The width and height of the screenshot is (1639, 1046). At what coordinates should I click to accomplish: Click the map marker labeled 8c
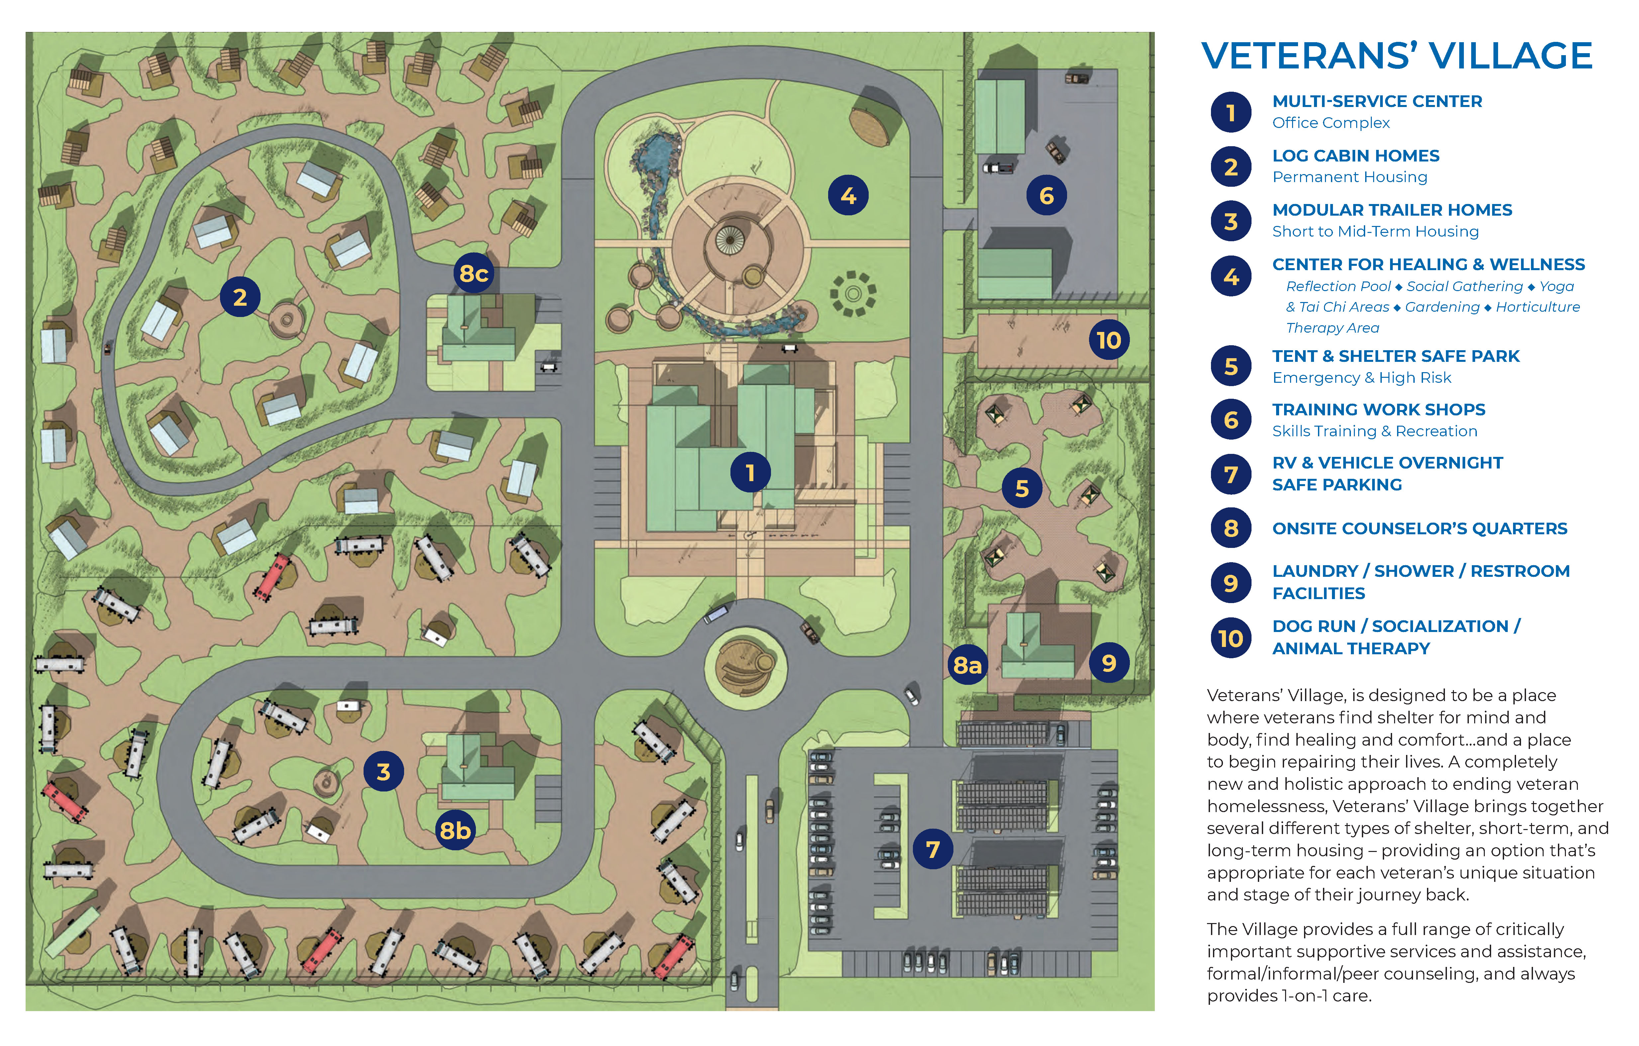pyautogui.click(x=473, y=273)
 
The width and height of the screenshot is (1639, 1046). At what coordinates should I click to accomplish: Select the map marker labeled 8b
pyautogui.click(x=455, y=830)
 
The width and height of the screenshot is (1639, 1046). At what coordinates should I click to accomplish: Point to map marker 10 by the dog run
pyautogui.click(x=1108, y=340)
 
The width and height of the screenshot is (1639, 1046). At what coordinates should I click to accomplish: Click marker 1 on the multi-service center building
pyautogui.click(x=750, y=472)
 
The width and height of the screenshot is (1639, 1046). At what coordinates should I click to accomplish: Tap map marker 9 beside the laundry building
pyautogui.click(x=1109, y=662)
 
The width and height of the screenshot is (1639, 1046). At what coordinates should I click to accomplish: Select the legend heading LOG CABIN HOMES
pyautogui.click(x=1355, y=156)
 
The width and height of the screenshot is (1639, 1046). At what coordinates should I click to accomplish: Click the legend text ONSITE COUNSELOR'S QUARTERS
pyautogui.click(x=1419, y=529)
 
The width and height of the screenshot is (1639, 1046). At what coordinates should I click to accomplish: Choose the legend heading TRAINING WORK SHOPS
pyautogui.click(x=1378, y=410)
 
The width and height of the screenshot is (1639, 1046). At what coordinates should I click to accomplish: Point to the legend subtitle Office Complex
pyautogui.click(x=1331, y=123)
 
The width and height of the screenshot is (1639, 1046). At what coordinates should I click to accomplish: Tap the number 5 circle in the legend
pyautogui.click(x=1231, y=366)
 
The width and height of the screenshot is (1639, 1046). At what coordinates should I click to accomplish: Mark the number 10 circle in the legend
pyautogui.click(x=1231, y=638)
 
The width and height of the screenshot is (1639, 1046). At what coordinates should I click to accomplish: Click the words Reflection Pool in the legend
pyautogui.click(x=1338, y=286)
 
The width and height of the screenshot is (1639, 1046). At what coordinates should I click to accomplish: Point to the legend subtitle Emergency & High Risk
pyautogui.click(x=1361, y=378)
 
